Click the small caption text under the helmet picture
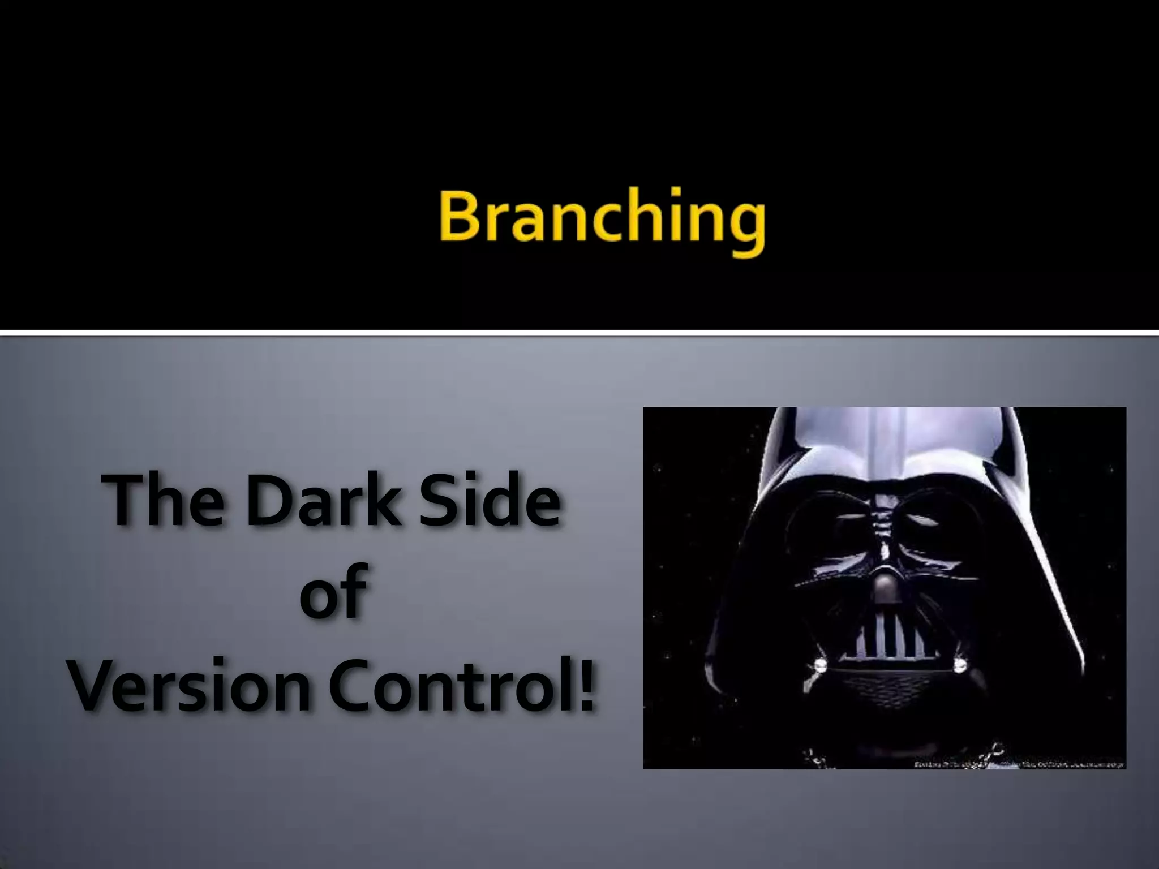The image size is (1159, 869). click(x=1019, y=763)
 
